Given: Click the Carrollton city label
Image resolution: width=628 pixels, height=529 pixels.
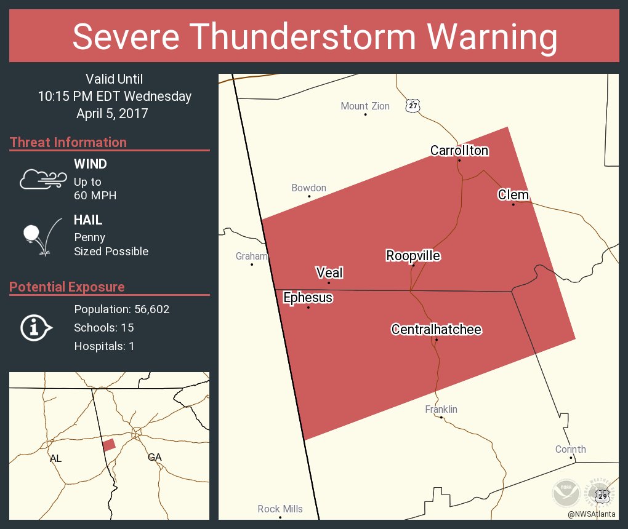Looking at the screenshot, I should tap(459, 151).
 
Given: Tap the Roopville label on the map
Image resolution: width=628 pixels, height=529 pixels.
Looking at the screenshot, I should tap(413, 256).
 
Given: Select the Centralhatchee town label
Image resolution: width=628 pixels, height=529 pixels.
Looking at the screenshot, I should tap(436, 330).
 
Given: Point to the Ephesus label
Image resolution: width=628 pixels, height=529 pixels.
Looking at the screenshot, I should tap(308, 298).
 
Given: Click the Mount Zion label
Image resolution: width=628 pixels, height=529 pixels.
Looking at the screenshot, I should tap(365, 106).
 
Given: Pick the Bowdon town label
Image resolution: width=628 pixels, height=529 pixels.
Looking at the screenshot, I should tap(309, 188).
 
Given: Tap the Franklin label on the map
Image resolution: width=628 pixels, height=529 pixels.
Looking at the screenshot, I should tap(441, 410).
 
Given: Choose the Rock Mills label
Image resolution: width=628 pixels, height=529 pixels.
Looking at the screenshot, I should tap(280, 509).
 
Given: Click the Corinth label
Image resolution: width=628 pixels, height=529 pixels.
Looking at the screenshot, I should tap(571, 450).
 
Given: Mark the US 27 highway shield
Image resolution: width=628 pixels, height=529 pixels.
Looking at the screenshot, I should tap(413, 106).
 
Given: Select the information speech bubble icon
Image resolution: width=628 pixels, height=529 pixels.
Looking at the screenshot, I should tap(36, 327).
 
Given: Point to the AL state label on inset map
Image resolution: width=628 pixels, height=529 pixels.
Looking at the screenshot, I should tap(55, 458).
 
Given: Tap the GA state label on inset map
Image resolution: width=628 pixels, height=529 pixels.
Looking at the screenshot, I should tap(155, 457).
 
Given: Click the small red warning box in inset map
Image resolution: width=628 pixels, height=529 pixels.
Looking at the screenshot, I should tap(109, 445).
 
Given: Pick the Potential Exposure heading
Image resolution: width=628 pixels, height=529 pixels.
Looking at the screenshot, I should tap(67, 287).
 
